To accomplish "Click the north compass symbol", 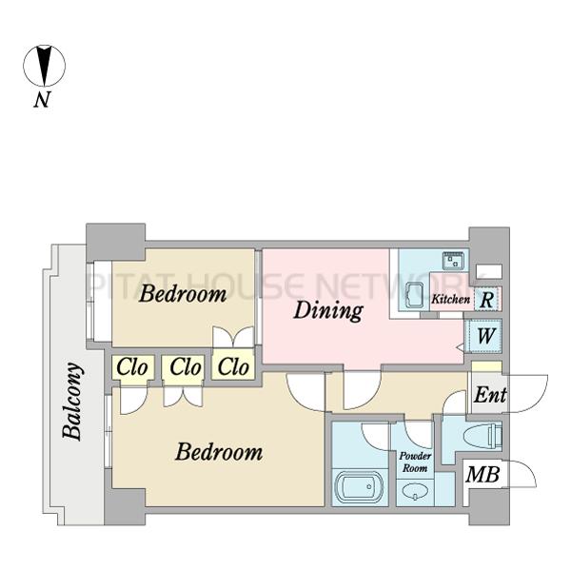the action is coord(45,67).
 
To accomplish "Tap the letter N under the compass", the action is coord(42,99).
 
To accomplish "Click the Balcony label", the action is coord(71,401).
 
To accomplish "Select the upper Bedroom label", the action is coord(183,293).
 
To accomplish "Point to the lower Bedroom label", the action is coord(219,452).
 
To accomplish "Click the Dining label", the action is coord(328,310).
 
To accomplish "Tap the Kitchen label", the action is coord(450,300).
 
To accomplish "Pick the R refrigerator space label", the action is coord(487,301).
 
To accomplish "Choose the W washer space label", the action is coord(485,336).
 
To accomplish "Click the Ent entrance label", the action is coord(490,395).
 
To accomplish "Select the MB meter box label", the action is coord(482,475).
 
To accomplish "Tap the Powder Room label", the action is coord(415,462).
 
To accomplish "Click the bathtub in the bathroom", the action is coord(359,487).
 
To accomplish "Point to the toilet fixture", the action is coord(483,435).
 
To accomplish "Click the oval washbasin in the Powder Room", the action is coord(415,491).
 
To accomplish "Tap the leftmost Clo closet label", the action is coord(132,366).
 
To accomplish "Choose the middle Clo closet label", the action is coord(186,366).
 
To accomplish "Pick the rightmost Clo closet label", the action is coord(233,366).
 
